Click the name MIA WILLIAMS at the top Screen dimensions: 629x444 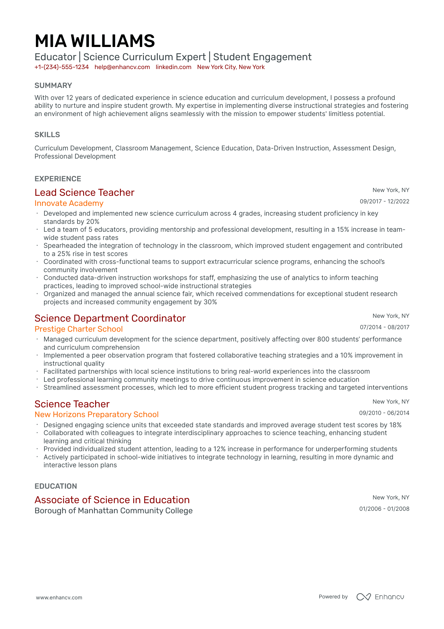(94, 41)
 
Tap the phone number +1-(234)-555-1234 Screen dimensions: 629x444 (62, 67)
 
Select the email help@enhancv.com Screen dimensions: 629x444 (122, 67)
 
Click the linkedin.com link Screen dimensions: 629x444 (174, 67)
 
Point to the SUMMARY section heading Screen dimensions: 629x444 (53, 85)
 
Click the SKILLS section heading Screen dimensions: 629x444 (47, 135)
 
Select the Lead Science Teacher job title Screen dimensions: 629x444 (84, 192)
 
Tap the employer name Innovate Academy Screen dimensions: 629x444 (69, 203)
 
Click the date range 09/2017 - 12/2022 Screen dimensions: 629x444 (384, 201)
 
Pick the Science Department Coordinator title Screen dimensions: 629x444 (110, 318)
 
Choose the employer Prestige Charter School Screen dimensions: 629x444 (78, 329)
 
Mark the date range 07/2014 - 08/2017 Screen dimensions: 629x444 (384, 327)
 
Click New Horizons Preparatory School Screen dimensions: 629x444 (96, 415)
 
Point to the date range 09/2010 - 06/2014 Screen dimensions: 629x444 (384, 413)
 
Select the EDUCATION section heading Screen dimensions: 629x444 (56, 486)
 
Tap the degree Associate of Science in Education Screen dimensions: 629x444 (112, 500)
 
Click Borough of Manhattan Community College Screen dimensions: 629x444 (113, 511)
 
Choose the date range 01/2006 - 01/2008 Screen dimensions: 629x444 (384, 509)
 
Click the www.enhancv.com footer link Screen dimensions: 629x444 (59, 597)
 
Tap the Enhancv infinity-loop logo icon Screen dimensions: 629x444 (363, 597)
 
